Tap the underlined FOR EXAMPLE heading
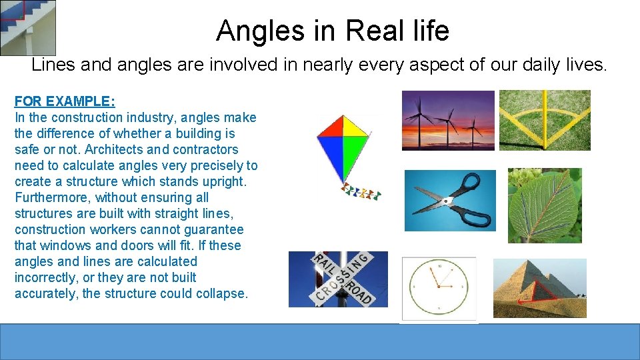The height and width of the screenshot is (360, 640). (x=65, y=101)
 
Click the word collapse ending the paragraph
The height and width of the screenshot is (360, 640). (x=220, y=293)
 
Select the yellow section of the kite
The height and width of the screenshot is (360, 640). (x=354, y=127)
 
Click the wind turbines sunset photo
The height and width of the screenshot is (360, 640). (x=448, y=121)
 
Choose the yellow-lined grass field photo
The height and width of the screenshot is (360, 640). (x=545, y=120)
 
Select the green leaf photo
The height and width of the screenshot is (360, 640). (x=545, y=205)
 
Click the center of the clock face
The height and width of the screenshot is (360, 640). (x=438, y=286)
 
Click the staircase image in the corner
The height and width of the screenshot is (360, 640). (x=27, y=27)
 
